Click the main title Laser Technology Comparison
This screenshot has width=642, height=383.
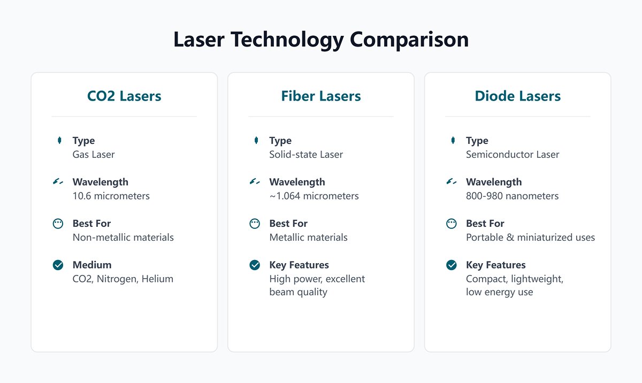(321, 40)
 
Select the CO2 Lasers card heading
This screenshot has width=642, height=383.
(124, 96)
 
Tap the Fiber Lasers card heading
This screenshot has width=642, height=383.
(321, 96)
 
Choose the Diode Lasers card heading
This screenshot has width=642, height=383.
(517, 96)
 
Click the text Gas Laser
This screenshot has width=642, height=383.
(94, 155)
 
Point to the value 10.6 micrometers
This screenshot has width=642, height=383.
(111, 196)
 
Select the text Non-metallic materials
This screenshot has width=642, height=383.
(123, 237)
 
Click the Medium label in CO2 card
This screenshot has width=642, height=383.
(92, 265)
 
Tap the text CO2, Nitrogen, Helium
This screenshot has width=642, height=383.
(123, 279)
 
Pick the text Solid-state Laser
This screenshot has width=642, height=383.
(306, 155)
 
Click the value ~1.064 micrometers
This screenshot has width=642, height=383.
(314, 196)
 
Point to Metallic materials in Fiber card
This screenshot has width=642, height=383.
(308, 237)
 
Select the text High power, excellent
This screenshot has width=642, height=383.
(317, 279)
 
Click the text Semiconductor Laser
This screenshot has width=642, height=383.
(513, 155)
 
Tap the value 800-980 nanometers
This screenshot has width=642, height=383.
(512, 196)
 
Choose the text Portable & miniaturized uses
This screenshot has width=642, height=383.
(530, 237)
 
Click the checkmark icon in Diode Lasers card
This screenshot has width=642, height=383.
(452, 265)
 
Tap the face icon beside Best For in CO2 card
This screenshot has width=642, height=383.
(58, 224)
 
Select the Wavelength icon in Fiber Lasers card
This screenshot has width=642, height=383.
(255, 182)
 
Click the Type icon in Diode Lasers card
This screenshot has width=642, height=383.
(453, 140)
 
